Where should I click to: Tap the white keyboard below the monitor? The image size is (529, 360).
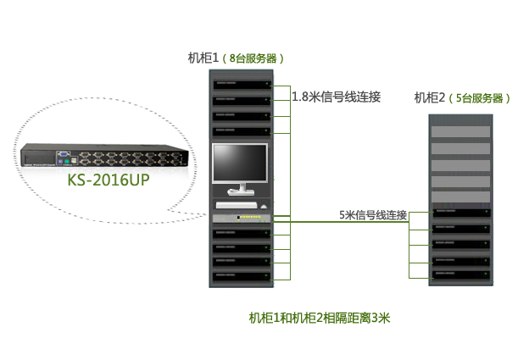click(x=237, y=204)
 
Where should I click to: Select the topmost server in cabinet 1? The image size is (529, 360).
click(x=242, y=85)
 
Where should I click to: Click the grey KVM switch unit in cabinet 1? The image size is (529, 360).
click(x=242, y=219)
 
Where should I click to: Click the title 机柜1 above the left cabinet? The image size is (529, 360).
click(x=203, y=58)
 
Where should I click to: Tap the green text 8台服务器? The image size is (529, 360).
click(x=253, y=58)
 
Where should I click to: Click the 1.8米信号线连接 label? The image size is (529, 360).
click(x=336, y=97)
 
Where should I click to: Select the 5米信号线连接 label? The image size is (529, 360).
click(x=373, y=215)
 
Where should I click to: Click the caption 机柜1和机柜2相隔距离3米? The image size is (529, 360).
click(x=319, y=318)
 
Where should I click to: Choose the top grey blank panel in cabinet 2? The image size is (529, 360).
click(x=461, y=131)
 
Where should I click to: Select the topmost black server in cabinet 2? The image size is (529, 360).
click(x=461, y=212)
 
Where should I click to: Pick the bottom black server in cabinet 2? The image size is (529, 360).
click(x=461, y=275)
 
